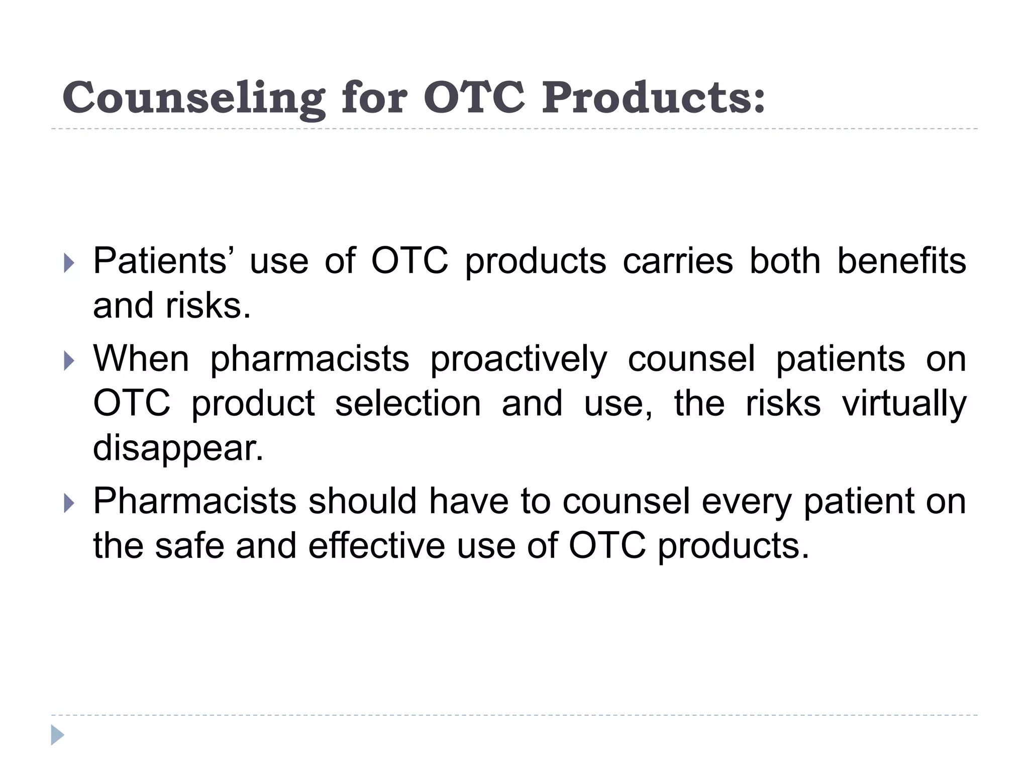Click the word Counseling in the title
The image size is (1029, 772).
tap(193, 98)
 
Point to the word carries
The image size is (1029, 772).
tap(678, 262)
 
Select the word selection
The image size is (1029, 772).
tap(408, 403)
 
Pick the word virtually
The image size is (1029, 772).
tap(904, 404)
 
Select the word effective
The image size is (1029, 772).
tap(376, 545)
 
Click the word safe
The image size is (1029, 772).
tap(189, 545)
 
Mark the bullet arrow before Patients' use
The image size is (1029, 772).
tap(69, 263)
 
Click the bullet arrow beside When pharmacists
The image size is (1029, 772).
tap(69, 361)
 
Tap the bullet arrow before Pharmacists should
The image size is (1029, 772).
tap(69, 503)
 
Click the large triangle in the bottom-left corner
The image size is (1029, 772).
tap(57, 735)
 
